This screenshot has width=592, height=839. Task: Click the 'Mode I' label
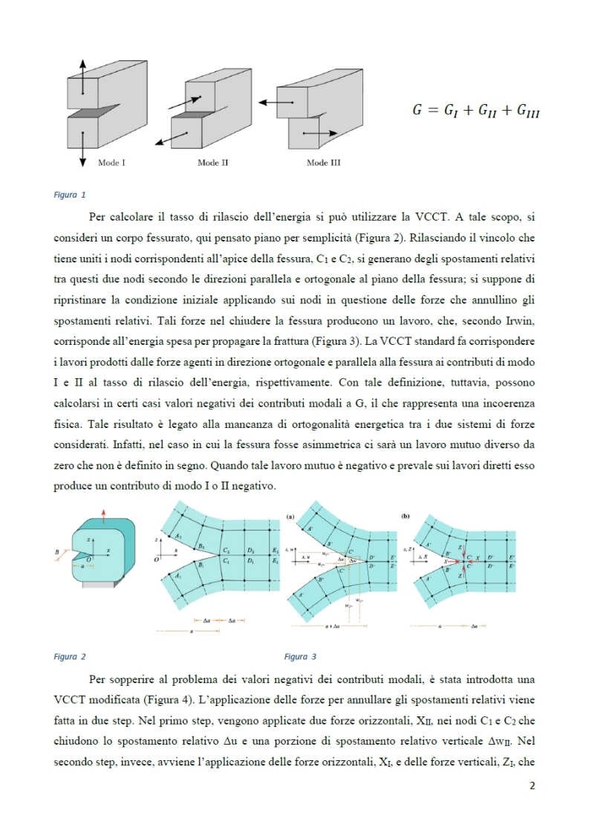[111, 162]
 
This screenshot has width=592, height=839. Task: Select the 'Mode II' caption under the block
[212, 162]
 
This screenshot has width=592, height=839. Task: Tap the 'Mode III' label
[323, 162]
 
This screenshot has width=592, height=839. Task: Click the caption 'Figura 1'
[70, 195]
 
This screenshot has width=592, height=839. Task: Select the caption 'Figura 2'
[70, 657]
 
